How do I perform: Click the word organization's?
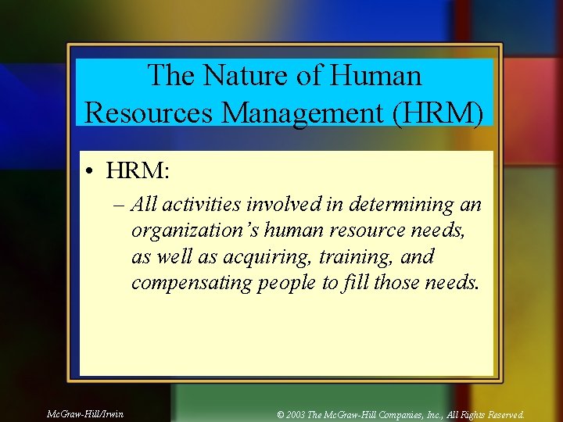point(195,231)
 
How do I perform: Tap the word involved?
point(285,205)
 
